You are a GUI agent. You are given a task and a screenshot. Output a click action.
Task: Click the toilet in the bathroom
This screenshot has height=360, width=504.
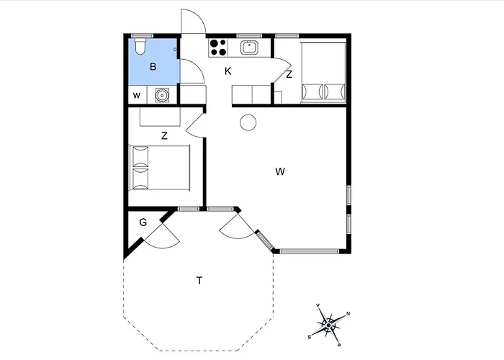[140, 46]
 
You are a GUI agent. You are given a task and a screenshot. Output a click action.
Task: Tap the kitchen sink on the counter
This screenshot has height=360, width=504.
[249, 48]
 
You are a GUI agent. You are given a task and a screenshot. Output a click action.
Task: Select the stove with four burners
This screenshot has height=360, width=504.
[218, 48]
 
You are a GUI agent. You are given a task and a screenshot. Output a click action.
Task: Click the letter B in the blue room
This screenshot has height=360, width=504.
[153, 66]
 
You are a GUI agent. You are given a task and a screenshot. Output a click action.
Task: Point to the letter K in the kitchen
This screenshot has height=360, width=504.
[228, 71]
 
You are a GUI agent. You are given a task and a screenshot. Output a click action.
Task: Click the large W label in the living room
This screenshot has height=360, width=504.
[280, 171]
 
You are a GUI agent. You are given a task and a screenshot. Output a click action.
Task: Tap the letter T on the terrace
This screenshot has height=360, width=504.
[199, 281]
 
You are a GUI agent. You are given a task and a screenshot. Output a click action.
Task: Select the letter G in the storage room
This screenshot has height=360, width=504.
[143, 222]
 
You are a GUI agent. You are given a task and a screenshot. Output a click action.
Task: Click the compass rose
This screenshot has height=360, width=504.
[329, 325]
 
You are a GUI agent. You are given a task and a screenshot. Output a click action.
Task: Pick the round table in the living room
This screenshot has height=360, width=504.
[248, 122]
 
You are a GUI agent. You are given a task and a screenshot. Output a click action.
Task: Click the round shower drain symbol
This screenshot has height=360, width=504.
[162, 95]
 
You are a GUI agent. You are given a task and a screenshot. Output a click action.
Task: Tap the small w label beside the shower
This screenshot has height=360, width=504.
[137, 95]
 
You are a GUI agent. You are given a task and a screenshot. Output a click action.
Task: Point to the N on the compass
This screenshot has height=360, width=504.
[348, 313]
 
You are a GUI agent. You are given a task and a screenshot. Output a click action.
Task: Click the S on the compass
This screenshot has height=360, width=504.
[310, 337]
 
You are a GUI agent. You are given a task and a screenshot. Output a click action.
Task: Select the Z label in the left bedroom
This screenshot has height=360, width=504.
[164, 135]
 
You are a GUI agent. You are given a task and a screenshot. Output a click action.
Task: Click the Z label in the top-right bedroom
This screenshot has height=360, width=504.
[289, 74]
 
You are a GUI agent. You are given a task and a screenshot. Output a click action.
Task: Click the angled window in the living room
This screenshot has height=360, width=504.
[265, 240]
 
